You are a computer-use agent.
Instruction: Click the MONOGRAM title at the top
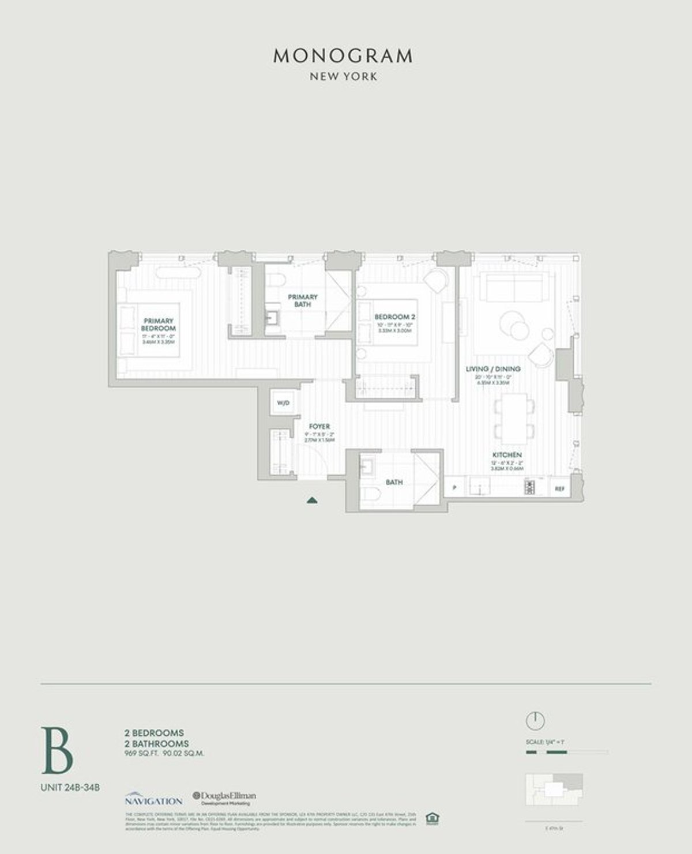point(343,56)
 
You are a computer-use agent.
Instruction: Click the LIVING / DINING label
point(493,369)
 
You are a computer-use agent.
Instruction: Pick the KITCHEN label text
point(507,455)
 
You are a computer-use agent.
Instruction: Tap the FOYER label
point(319,427)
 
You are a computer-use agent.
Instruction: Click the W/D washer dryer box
point(283,403)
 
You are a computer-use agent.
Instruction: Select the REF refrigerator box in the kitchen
point(559,488)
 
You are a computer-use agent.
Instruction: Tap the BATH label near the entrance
point(394,482)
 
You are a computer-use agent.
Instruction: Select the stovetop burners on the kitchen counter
point(529,487)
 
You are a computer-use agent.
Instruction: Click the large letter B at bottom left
point(57,750)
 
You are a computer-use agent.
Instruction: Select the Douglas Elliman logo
point(225,798)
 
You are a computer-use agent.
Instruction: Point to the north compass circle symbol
point(535,720)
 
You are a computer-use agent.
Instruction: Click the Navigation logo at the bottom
point(153,799)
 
